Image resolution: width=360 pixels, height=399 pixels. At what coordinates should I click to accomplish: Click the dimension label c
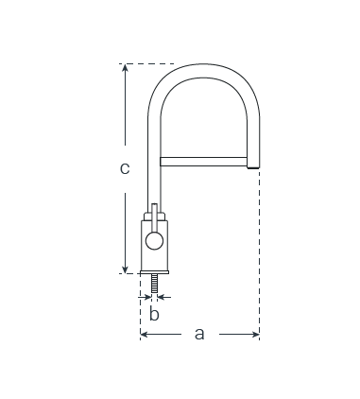point(125,168)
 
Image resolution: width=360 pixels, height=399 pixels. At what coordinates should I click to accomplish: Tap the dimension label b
point(154,314)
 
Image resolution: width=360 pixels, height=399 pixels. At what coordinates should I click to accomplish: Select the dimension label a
point(199,334)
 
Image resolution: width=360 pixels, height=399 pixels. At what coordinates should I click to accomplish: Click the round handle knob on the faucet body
point(154,241)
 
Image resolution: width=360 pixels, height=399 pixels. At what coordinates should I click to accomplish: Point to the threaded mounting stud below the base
point(154,284)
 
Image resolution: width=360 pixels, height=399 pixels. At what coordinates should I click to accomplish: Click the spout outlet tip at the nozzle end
point(253,167)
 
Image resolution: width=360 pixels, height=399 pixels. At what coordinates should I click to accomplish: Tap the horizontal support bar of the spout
point(203,162)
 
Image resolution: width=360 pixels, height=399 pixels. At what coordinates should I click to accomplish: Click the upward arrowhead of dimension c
point(125,67)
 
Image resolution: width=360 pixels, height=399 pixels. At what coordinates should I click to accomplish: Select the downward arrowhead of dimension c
point(125,269)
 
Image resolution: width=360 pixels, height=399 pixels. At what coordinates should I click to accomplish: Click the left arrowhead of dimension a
point(144,334)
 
